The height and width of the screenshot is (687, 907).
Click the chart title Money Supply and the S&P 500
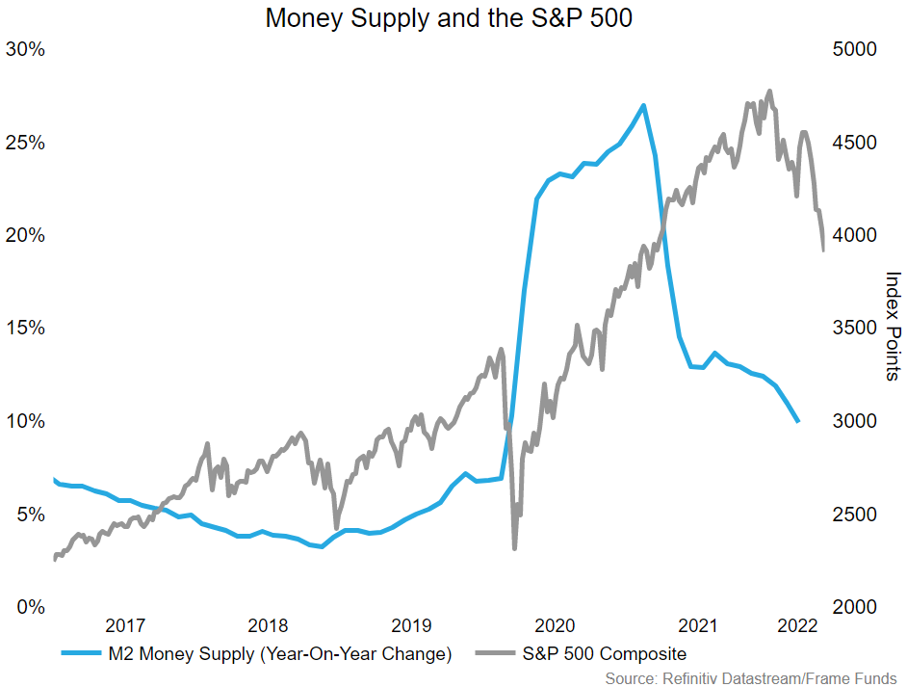[449, 17]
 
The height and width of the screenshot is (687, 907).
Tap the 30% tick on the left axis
[26, 49]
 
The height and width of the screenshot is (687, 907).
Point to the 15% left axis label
[26, 328]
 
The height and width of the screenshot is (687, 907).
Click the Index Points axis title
[893, 326]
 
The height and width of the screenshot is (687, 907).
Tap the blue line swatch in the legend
[84, 654]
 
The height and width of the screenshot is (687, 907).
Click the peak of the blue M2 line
[643, 105]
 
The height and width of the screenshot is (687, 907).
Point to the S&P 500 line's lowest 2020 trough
[515, 548]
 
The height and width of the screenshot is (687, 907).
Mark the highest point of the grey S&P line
[769, 92]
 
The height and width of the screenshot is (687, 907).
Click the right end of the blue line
[798, 422]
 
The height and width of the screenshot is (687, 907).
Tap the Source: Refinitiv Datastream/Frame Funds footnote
[751, 678]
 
